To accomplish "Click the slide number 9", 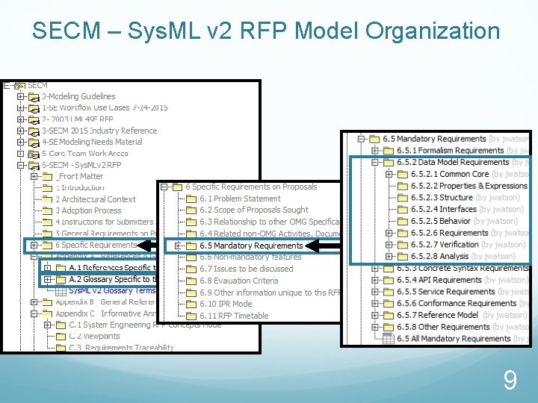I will tap(510, 381).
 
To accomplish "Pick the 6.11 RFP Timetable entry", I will tap(234, 316).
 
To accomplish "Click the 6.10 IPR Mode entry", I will tap(229, 304).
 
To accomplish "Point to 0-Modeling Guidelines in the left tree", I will tap(78, 96).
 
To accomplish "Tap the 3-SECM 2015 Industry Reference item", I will tap(99, 131).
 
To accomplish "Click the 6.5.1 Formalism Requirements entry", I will tap(450, 151).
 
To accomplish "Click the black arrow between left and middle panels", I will tap(151, 245).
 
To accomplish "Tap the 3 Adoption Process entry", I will tap(88, 210).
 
